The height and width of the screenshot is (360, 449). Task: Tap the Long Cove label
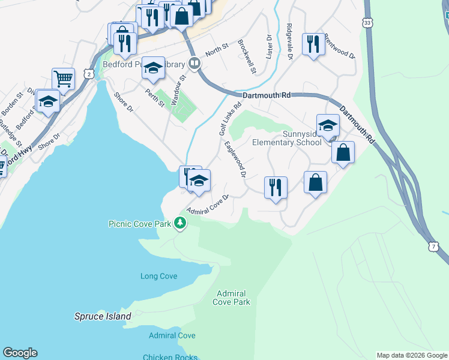158,277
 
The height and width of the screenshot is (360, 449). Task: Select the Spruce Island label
103,316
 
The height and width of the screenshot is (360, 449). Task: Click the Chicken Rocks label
170,357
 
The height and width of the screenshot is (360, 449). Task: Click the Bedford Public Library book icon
194,63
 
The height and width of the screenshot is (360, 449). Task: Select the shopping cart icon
62,77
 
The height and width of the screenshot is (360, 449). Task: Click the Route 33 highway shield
367,22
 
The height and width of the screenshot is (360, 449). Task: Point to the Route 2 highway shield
89,74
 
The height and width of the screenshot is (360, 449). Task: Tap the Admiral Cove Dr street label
208,204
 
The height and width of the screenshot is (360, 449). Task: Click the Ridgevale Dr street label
289,41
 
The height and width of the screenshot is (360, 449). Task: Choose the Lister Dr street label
269,46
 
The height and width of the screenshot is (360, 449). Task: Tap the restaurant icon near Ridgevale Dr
313,43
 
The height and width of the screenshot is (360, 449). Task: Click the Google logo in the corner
20,353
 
